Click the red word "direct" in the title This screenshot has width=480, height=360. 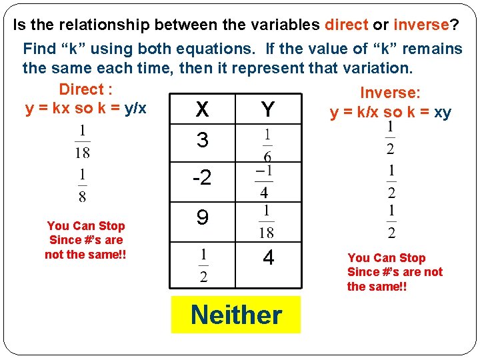point(346,25)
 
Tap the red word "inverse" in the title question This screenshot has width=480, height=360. point(421,25)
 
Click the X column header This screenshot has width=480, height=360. point(203,109)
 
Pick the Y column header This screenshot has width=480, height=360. point(268,109)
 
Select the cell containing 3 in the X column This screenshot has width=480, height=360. point(203,141)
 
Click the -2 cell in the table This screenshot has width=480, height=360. point(201,178)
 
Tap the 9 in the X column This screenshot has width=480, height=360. point(203,217)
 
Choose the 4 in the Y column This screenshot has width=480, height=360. point(268,258)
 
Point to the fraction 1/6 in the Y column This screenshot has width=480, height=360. point(267,145)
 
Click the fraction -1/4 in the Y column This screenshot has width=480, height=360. point(264,182)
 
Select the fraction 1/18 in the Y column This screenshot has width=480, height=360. point(267,221)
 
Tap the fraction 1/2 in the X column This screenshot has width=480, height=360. point(203,265)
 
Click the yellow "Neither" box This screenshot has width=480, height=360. point(236,315)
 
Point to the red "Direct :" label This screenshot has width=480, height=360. point(85,89)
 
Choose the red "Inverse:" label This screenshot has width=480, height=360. point(390,93)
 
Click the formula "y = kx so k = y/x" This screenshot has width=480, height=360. point(85,109)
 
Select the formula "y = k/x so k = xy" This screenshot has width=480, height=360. point(390,113)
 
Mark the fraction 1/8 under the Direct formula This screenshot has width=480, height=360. point(82,185)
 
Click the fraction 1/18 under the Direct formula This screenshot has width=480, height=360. point(82,141)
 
